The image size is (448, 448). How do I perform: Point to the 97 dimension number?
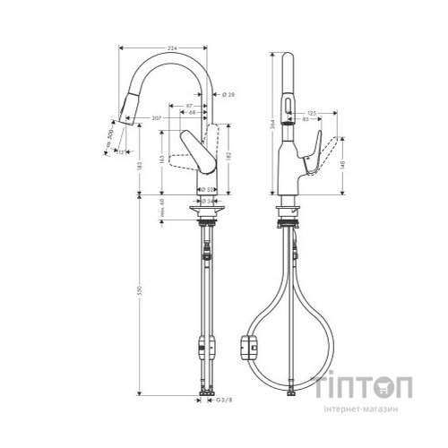(x=191, y=105)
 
